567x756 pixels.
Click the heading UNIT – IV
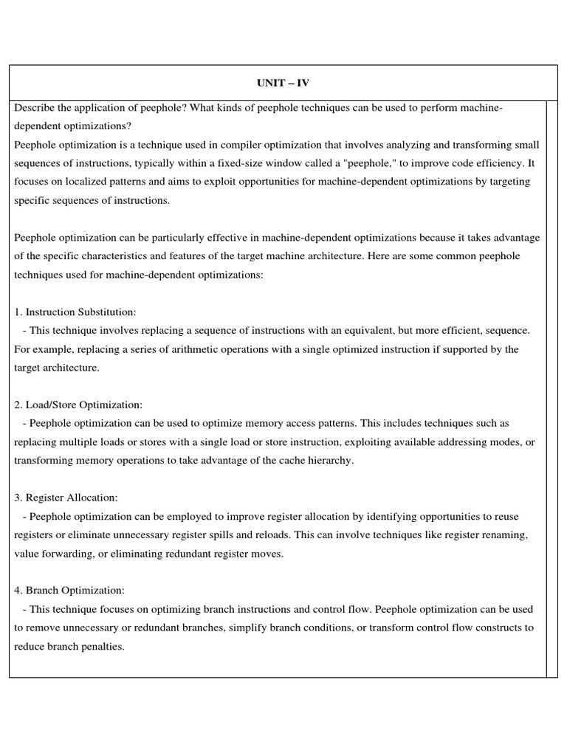coord(283,83)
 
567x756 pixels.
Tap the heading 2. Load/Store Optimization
coord(78,405)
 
